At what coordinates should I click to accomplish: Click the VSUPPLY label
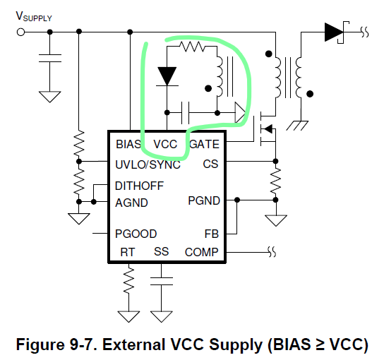pyautogui.click(x=33, y=16)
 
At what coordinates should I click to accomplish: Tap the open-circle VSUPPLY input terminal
pyautogui.click(x=20, y=31)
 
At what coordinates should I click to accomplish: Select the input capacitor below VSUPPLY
pyautogui.click(x=49, y=59)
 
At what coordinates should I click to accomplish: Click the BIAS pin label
pyautogui.click(x=128, y=145)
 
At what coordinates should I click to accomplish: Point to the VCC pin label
pyautogui.click(x=164, y=145)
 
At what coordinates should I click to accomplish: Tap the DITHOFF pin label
pyautogui.click(x=139, y=186)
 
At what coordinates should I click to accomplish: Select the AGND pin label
pyautogui.click(x=131, y=203)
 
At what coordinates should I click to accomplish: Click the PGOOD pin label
pyautogui.click(x=136, y=234)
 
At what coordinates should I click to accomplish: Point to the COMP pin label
pyautogui.click(x=202, y=252)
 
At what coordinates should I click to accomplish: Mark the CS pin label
pyautogui.click(x=210, y=164)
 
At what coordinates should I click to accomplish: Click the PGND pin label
pyautogui.click(x=203, y=201)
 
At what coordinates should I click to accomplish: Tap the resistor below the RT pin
pyautogui.click(x=128, y=280)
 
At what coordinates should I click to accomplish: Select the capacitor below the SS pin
pyautogui.click(x=162, y=280)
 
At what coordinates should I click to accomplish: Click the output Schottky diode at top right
pyautogui.click(x=334, y=31)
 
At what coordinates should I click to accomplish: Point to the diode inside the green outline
pyautogui.click(x=167, y=76)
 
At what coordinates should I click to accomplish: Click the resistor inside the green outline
pyautogui.click(x=192, y=48)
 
